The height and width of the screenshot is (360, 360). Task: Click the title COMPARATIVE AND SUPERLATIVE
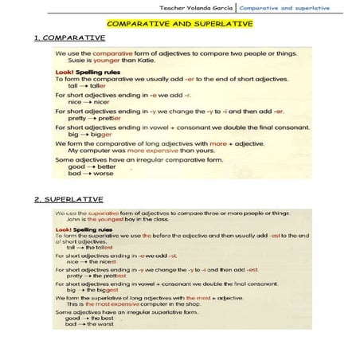179,24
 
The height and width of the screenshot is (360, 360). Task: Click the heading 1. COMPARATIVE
70,37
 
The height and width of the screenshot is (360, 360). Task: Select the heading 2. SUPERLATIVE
69,198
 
